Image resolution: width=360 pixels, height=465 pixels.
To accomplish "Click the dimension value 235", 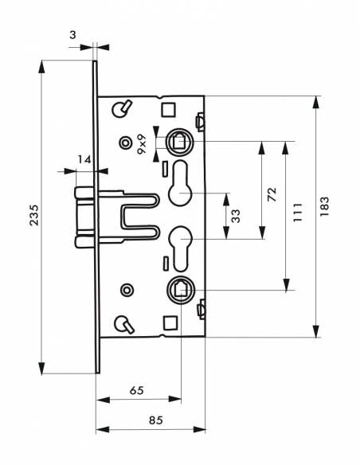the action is pos(35,215).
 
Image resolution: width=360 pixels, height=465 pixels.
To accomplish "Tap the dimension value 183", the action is pos(325,206).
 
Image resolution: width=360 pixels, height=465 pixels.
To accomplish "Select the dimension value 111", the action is pos(297,213).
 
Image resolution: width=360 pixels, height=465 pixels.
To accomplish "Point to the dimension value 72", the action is pos(272,194).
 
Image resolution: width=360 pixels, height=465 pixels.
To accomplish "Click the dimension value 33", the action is pos(236,216).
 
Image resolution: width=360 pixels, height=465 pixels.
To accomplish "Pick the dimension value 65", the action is pos(137,390).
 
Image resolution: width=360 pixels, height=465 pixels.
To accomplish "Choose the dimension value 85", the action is pos(155,420).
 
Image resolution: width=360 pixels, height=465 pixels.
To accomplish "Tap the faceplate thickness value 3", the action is pos(72,35).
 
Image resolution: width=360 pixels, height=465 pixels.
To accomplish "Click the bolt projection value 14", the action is pos(84,160).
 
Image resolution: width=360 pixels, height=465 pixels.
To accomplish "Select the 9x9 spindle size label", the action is pos(142,143).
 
